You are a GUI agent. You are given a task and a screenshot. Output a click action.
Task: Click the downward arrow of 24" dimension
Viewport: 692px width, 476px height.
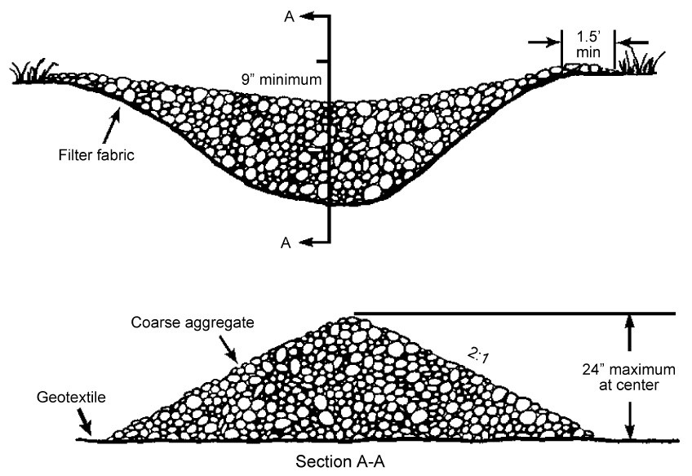click(x=630, y=428)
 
